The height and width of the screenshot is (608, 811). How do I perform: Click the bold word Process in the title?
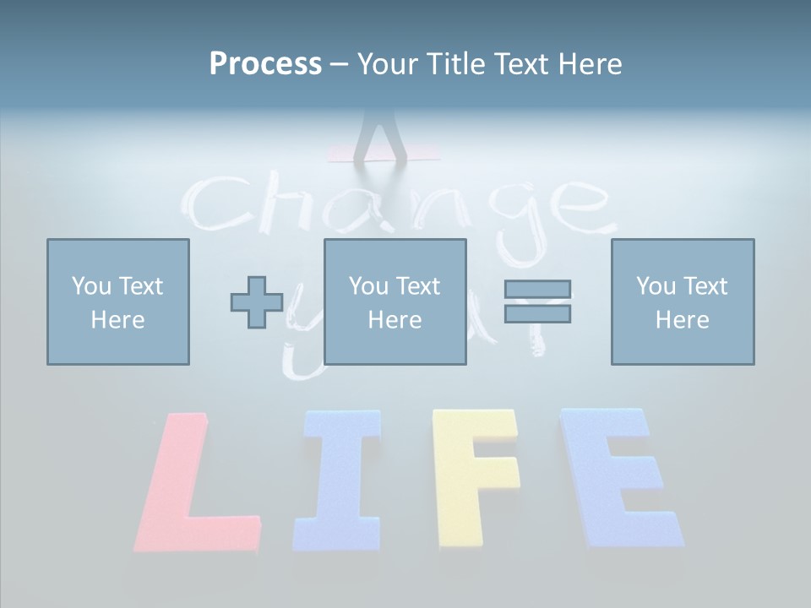265,64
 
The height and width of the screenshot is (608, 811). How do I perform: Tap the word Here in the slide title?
590,64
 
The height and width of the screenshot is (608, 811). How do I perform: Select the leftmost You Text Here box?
118,301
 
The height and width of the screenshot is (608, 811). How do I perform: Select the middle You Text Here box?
395,301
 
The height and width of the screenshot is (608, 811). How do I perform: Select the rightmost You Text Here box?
683,301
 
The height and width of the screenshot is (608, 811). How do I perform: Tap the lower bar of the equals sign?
537,313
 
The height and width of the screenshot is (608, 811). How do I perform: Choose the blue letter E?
617,477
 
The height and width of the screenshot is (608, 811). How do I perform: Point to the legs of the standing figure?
380,135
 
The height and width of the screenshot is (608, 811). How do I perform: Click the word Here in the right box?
683,319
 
